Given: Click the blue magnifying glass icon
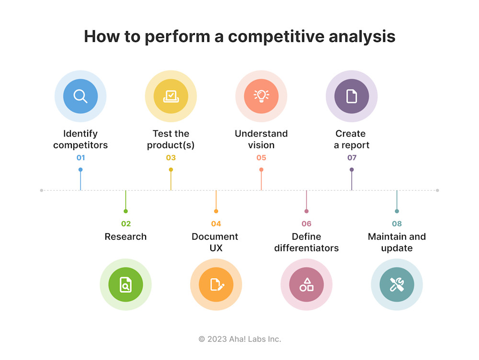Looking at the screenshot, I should click(80, 96).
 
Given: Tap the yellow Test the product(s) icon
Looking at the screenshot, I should click(171, 96).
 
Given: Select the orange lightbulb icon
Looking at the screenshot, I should click(261, 96).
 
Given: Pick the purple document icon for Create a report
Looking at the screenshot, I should click(352, 96).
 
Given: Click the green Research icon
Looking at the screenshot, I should click(125, 285).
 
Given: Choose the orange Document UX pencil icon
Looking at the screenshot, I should click(216, 285).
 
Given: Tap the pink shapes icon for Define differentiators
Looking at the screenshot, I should click(307, 285).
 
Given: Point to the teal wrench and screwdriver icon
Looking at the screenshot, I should click(397, 285).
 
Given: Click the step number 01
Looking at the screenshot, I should click(80, 158).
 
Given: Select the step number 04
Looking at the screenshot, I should click(216, 224).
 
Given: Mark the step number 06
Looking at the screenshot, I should click(307, 224).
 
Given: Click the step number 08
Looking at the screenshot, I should click(397, 224).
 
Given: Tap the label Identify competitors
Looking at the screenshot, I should click(80, 139).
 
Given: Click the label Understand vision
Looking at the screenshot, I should click(261, 139).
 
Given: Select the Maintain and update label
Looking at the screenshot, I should click(397, 243).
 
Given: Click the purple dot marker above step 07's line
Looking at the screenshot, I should click(352, 170).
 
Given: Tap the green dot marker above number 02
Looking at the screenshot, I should click(125, 211).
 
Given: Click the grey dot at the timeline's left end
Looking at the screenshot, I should click(42, 190).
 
